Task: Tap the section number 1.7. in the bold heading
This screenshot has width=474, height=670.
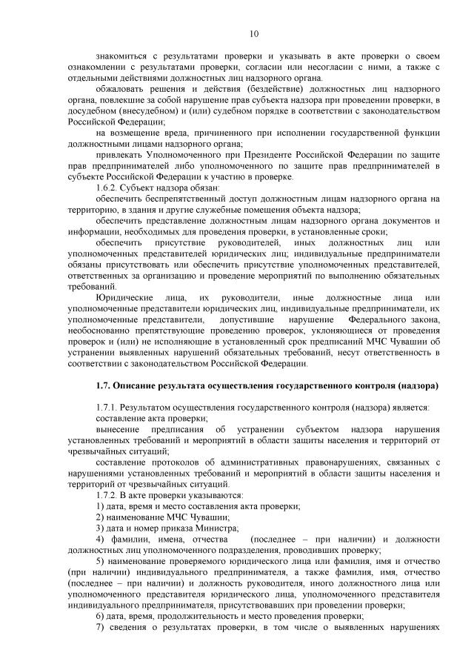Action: [107, 387]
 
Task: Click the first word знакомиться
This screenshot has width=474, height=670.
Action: [123, 56]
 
